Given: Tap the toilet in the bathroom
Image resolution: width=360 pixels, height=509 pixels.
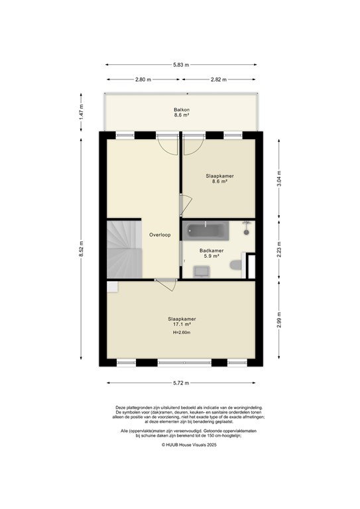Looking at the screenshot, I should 235,266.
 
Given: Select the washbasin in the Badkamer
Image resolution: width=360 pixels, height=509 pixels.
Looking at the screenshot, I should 201,270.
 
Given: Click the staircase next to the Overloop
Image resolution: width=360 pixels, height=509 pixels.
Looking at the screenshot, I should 122,249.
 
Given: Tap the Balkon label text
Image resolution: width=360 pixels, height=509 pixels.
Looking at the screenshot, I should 182,109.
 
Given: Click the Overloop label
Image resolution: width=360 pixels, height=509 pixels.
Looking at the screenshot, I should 160,235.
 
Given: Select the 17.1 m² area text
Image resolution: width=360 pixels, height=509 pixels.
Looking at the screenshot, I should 182,325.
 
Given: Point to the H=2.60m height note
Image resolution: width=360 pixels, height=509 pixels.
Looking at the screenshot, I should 182,333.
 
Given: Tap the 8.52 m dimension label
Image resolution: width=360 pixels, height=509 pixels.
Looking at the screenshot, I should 81,249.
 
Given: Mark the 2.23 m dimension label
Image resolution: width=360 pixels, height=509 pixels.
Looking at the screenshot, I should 280,250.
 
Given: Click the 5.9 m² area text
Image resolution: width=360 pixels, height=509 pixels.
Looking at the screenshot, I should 211,257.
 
